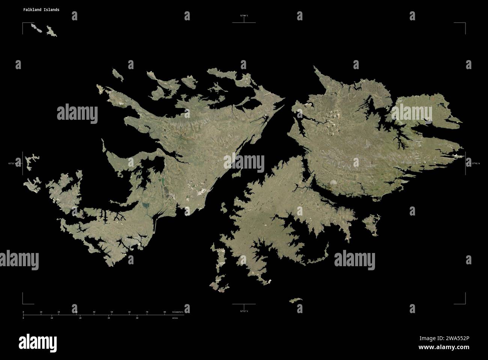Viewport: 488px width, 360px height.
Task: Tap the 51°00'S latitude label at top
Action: coord(244,15)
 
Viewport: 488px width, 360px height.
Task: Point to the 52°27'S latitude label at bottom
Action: coord(244,311)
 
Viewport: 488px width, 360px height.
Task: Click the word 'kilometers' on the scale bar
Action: coord(178,312)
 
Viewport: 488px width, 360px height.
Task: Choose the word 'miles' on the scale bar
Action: coord(175,318)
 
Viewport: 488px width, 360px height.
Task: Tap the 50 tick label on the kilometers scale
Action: coord(111,312)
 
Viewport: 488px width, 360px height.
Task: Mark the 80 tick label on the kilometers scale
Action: coord(165,312)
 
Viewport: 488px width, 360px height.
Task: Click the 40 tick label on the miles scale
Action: coord(137,318)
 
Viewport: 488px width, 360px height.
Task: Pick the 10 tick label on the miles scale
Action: coord(52,318)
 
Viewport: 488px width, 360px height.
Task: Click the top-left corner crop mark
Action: coord(23,24)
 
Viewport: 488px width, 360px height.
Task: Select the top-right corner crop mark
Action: coord(464,24)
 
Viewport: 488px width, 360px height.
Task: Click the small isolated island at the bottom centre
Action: coord(295,300)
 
